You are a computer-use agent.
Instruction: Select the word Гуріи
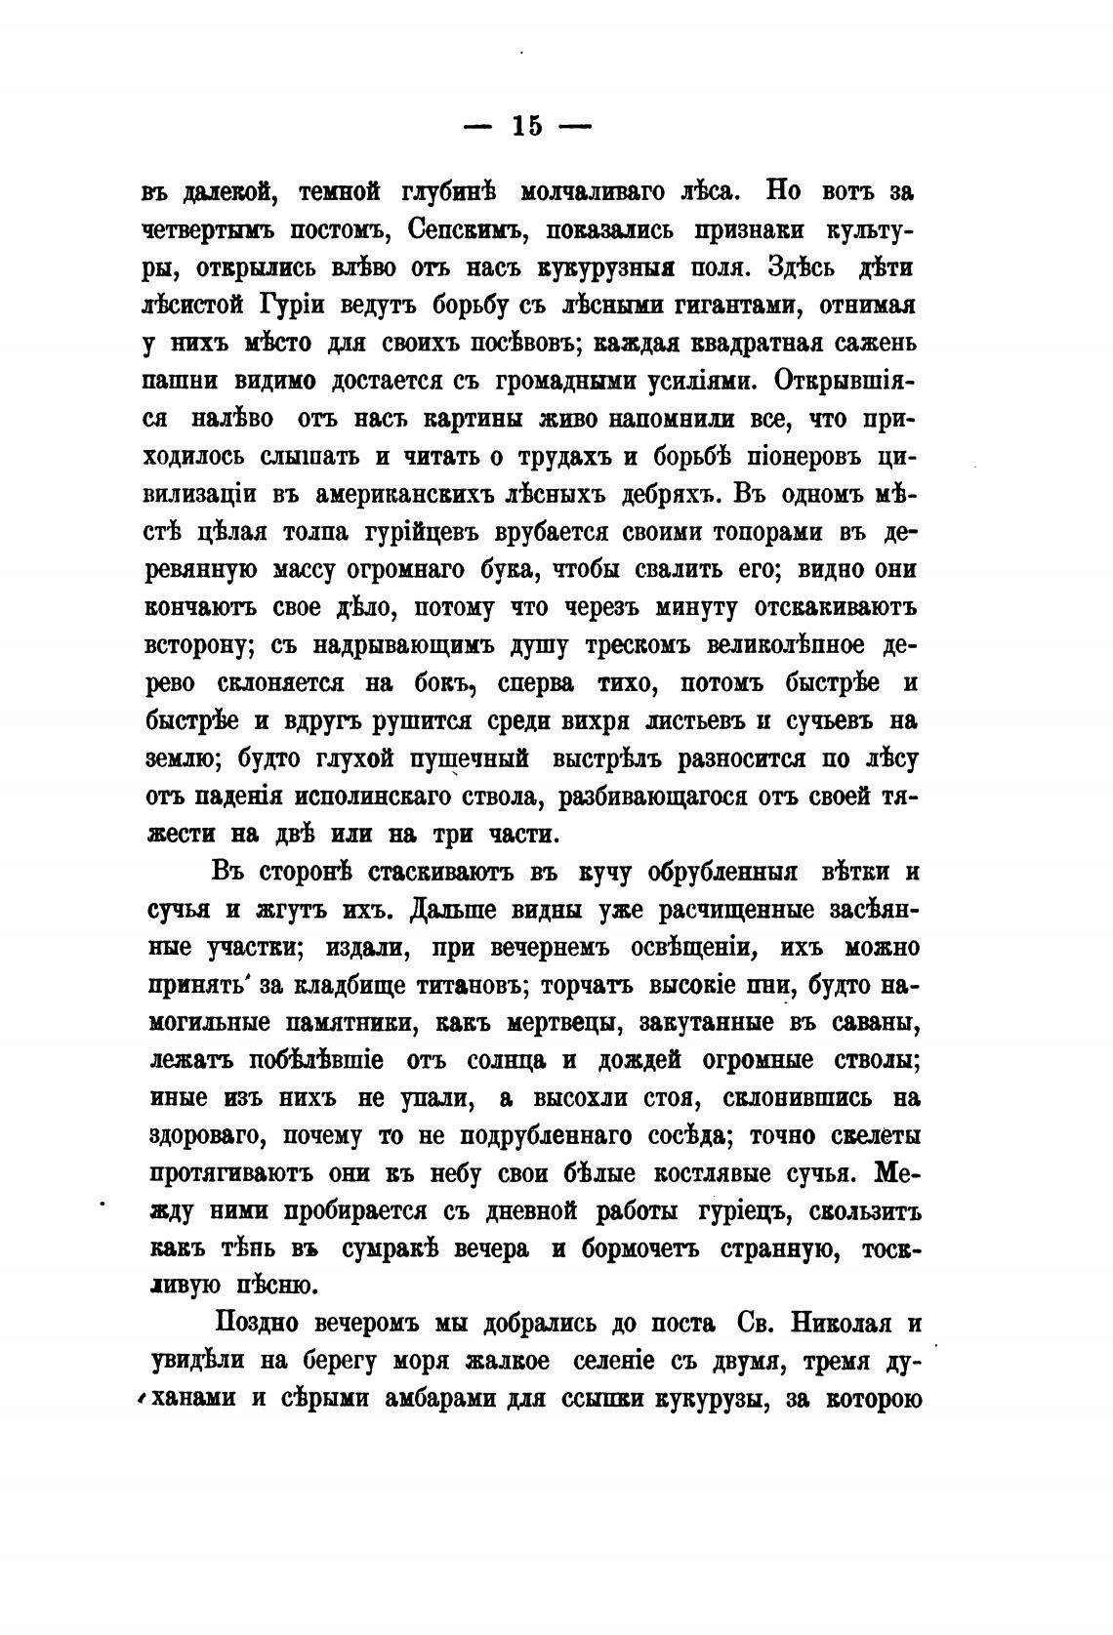pos(291,305)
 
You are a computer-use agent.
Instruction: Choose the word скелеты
pos(863,1136)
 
